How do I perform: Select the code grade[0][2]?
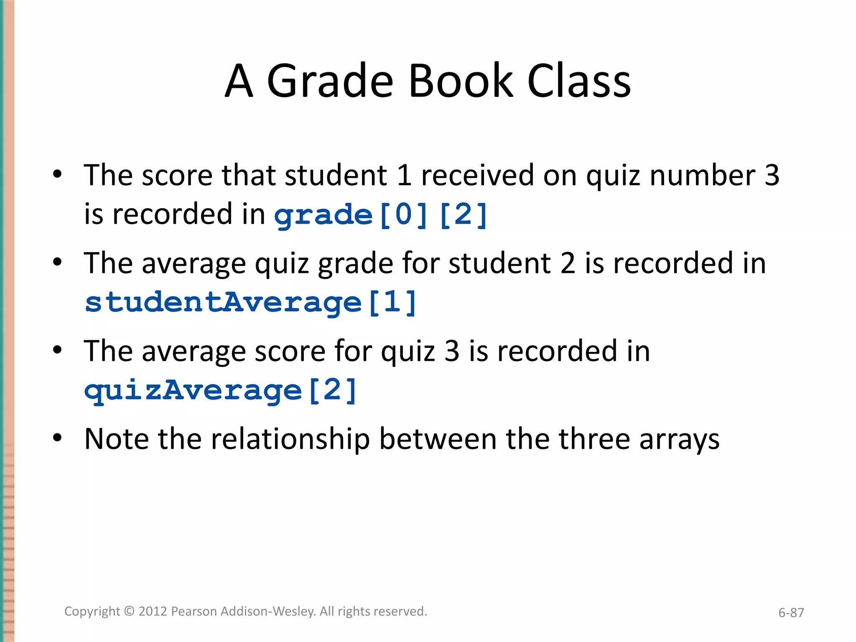[381, 215]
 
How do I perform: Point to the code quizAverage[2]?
[220, 390]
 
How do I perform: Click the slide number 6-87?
[791, 613]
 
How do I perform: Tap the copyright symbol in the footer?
[130, 611]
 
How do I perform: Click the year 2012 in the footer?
[153, 611]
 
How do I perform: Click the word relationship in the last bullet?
[290, 439]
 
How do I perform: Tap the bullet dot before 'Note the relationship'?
[58, 438]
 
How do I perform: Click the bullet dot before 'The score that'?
[58, 173]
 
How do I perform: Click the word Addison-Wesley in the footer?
[268, 611]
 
